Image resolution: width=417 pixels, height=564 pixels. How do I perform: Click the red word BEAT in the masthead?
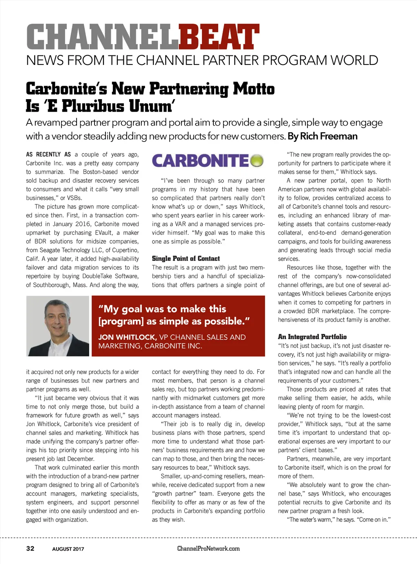pyautogui.click(x=219, y=37)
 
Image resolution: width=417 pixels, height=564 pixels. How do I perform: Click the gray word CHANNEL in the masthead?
pyautogui.click(x=102, y=37)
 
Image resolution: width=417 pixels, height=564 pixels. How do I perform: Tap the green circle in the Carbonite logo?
pyautogui.click(x=257, y=161)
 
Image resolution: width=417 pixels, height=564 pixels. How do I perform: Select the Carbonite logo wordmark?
pyautogui.click(x=200, y=161)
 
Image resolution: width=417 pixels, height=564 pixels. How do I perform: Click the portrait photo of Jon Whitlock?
pyautogui.click(x=57, y=326)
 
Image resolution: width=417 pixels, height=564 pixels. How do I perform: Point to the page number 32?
pyautogui.click(x=30, y=549)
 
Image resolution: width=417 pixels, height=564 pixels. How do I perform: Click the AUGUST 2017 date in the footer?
pyautogui.click(x=68, y=549)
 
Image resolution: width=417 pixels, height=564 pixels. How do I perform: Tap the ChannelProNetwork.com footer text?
pyautogui.click(x=208, y=549)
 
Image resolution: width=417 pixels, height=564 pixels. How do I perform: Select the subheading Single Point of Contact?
pyautogui.click(x=186, y=259)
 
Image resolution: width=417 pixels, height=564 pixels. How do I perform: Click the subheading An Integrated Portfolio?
pyautogui.click(x=312, y=337)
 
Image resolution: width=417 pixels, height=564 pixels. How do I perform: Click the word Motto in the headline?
pyautogui.click(x=254, y=89)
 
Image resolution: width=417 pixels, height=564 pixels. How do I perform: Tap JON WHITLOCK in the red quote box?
pyautogui.click(x=127, y=337)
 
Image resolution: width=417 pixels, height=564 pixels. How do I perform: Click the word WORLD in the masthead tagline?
pyautogui.click(x=354, y=60)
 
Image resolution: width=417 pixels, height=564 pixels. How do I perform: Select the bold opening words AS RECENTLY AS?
pyautogui.click(x=48, y=155)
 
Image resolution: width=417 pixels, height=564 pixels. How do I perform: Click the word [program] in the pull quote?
pyautogui.click(x=121, y=321)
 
